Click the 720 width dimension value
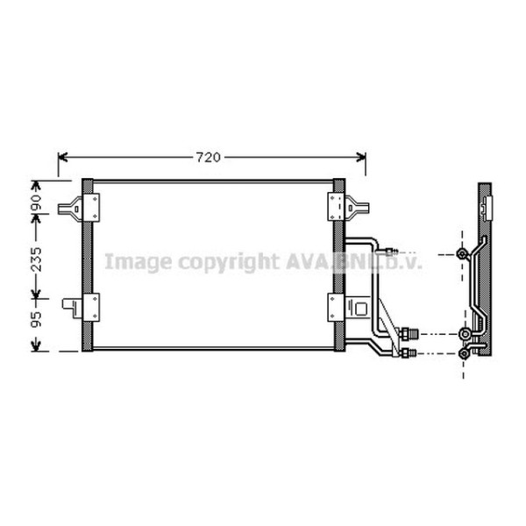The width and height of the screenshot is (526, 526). click(x=209, y=157)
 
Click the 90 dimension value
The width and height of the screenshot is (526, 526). click(x=36, y=203)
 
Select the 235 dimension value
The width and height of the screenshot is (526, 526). click(x=36, y=259)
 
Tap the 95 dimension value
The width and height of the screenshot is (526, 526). click(x=36, y=319)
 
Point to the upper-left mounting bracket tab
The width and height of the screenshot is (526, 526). click(x=70, y=209)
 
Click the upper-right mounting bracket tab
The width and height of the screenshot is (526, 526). click(x=357, y=208)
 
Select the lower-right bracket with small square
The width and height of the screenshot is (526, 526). click(x=359, y=308)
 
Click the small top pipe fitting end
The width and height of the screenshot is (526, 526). click(x=392, y=251)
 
